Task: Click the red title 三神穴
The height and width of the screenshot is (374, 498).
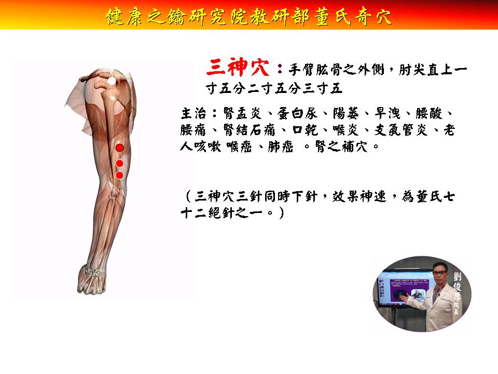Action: [x=238, y=68]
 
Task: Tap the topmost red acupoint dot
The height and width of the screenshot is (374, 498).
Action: [x=120, y=148]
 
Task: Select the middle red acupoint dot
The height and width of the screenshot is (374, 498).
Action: [x=120, y=164]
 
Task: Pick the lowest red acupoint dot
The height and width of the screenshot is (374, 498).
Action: [x=120, y=175]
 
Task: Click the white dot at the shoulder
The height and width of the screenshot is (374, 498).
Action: [x=112, y=81]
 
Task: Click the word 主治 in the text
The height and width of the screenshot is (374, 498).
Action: [x=193, y=114]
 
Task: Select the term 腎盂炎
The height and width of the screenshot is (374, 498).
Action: [x=242, y=114]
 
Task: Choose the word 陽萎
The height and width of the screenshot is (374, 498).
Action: [x=346, y=114]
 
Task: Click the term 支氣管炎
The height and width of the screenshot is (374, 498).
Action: [x=401, y=130]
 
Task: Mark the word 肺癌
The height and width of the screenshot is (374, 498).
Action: [x=280, y=146]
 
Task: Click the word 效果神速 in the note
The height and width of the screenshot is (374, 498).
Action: [x=359, y=196]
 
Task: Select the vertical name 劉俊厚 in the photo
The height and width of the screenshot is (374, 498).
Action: [x=457, y=287]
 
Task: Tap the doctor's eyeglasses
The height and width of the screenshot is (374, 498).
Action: [x=439, y=273]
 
